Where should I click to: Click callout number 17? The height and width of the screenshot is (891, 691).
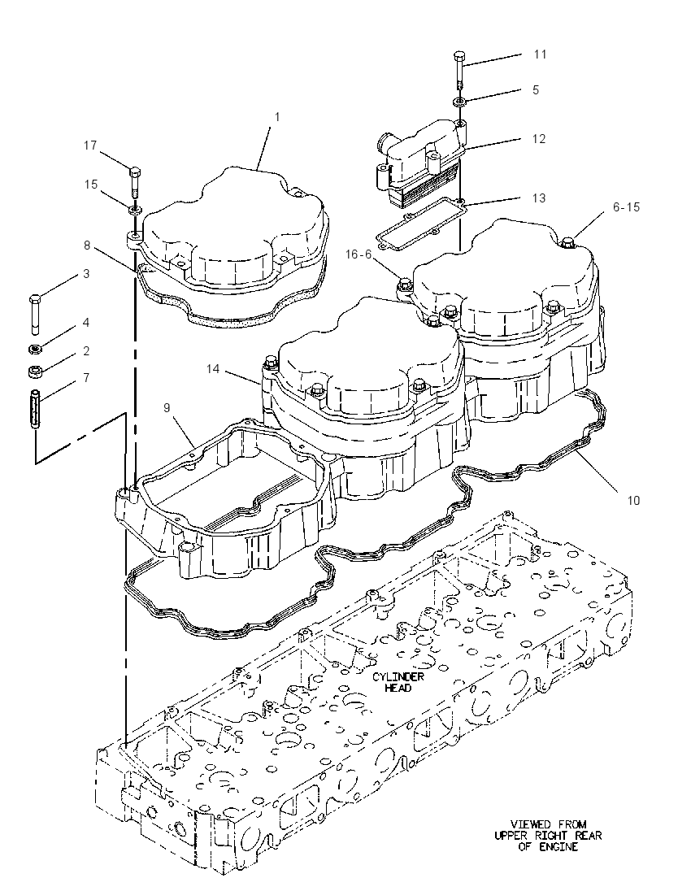90,146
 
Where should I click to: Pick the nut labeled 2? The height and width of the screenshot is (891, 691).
35,372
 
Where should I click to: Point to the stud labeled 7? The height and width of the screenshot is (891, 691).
35,409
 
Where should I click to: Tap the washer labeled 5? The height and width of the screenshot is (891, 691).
459,102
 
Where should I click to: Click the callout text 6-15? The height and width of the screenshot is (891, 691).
626,206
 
